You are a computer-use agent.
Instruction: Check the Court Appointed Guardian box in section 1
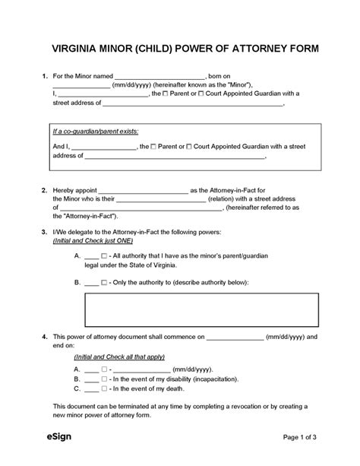click(201, 94)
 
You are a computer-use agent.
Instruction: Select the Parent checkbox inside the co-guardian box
click(154, 145)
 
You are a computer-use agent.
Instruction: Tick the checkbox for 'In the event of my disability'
click(104, 378)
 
